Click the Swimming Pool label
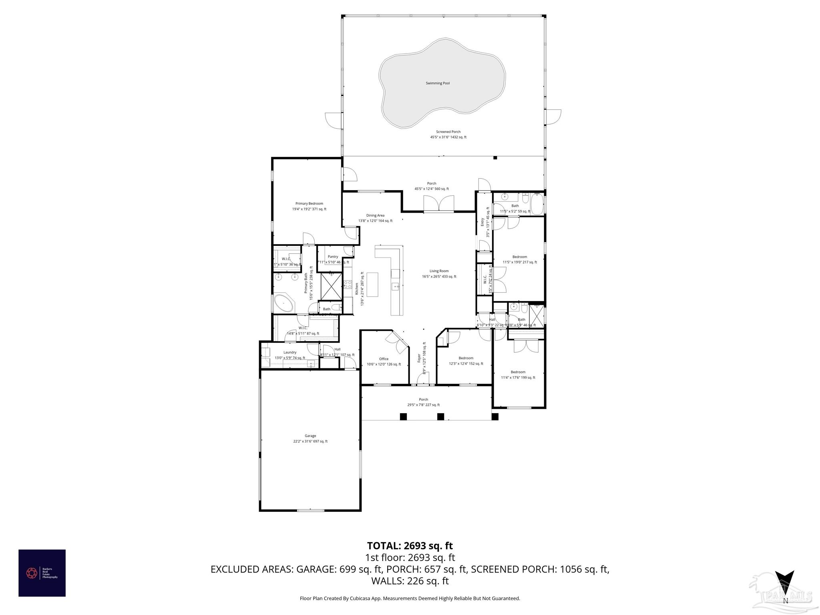(438, 83)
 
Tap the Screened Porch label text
(448, 132)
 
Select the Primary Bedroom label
(309, 204)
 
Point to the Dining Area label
(375, 215)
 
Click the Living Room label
(439, 271)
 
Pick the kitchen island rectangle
(372, 285)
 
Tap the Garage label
(310, 436)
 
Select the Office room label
(384, 359)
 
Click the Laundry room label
(290, 353)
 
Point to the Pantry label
(333, 257)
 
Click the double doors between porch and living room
(439, 203)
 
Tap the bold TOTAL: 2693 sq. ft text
(410, 546)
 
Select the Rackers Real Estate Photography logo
(42, 573)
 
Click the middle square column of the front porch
(440, 416)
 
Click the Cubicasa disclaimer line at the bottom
(410, 599)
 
